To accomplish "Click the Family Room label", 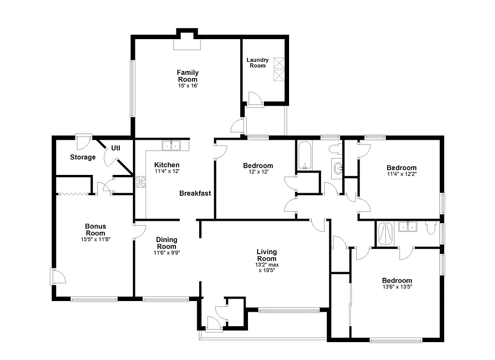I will pyautogui.click(x=188, y=76).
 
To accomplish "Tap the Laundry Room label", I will pyautogui.click(x=258, y=63).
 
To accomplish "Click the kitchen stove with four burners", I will pyautogui.click(x=140, y=182).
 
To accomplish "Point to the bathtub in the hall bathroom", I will pyautogui.click(x=305, y=155).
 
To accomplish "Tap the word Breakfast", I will pyautogui.click(x=195, y=193).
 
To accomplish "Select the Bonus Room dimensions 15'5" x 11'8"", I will pyautogui.click(x=96, y=239).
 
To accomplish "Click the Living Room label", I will pyautogui.click(x=266, y=255).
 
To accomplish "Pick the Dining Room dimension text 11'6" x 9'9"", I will pyautogui.click(x=166, y=253).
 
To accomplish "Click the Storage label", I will pyautogui.click(x=83, y=157).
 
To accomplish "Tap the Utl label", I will pyautogui.click(x=116, y=148).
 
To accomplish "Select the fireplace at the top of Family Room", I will pyautogui.click(x=187, y=44).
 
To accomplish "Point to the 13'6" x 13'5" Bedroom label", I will pyautogui.click(x=397, y=281).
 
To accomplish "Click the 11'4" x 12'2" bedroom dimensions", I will pyautogui.click(x=401, y=174).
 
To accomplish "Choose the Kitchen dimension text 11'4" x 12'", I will pyautogui.click(x=167, y=171).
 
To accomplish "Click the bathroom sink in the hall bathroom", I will pyautogui.click(x=338, y=168).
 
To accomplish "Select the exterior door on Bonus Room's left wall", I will pyautogui.click(x=58, y=277).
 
